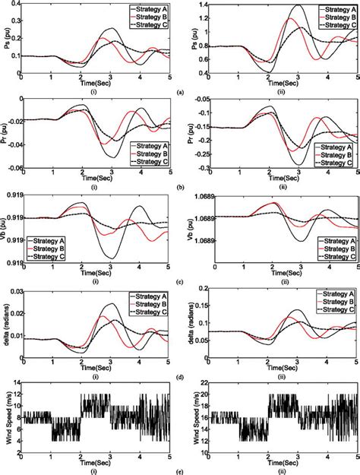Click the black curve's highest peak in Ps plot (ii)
point(296,6)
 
